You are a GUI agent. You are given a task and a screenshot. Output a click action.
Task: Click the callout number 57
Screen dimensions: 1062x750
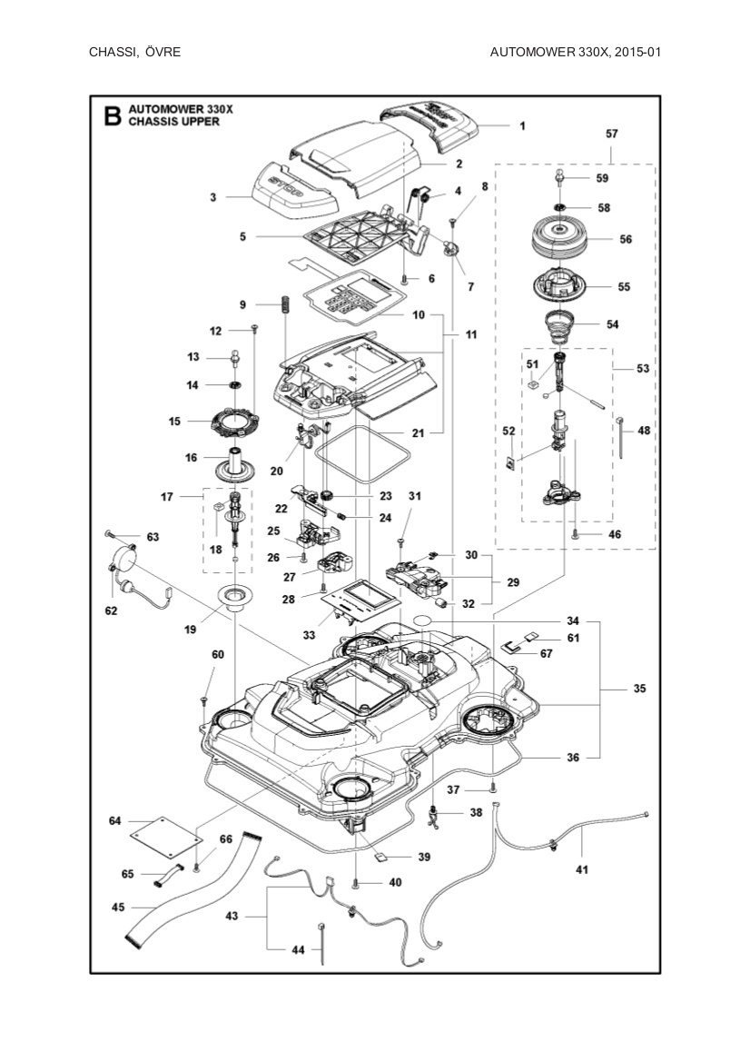[611, 134]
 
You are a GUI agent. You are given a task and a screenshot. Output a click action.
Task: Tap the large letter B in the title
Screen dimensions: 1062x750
[112, 115]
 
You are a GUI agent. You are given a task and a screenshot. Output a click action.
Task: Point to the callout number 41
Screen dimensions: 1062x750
[582, 869]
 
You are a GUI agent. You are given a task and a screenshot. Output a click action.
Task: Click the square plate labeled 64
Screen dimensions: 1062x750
[164, 830]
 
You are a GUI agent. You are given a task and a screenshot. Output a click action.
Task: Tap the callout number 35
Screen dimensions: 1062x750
[639, 690]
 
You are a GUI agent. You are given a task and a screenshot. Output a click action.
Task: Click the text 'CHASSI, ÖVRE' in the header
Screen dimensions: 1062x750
[134, 52]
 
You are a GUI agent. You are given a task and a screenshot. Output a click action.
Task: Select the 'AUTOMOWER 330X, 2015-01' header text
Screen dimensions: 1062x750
[574, 52]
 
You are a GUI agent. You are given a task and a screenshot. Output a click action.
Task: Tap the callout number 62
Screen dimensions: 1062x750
[111, 611]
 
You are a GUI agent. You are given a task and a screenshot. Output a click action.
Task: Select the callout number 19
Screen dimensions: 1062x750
[192, 628]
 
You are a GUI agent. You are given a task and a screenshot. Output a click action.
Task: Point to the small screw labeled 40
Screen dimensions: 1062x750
[357, 882]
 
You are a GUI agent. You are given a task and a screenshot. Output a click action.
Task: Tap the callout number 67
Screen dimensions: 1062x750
[546, 653]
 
